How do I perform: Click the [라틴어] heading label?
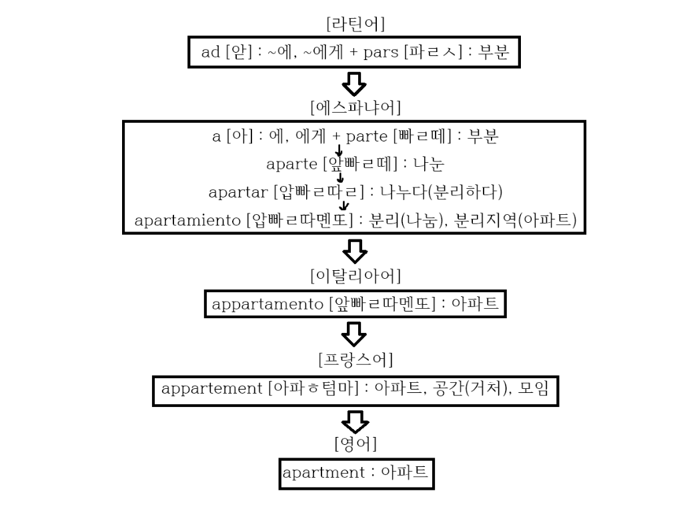pos(355,24)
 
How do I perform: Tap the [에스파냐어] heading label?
pos(355,107)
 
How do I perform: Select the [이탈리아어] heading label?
pos(355,275)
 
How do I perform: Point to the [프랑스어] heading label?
pos(355,360)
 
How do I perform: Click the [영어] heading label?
pos(355,444)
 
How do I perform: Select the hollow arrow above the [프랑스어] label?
pos(354,333)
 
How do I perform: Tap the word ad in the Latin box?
pos(210,53)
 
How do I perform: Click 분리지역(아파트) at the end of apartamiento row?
pos(516,220)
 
